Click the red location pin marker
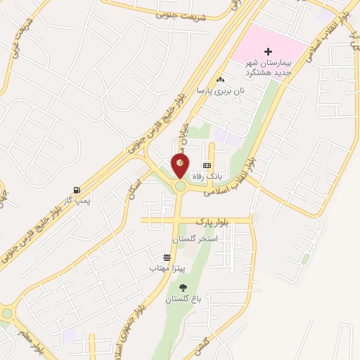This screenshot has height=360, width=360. pos(181,165)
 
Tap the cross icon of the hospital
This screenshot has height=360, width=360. pos(268,51)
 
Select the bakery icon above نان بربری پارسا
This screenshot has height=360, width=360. pos(222,79)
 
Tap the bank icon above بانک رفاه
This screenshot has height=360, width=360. pos(207,165)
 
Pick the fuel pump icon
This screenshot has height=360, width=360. pos(76,190)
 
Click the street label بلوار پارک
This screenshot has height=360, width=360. pos(213,221)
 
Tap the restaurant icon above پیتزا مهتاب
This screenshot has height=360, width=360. pos(167,257)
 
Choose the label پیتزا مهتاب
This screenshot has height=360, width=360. pos(167,269)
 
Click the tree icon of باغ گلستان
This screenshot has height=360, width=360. pos(184,287)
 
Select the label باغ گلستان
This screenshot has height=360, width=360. pos(184,299)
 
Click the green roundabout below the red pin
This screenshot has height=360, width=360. pos(180,186)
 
